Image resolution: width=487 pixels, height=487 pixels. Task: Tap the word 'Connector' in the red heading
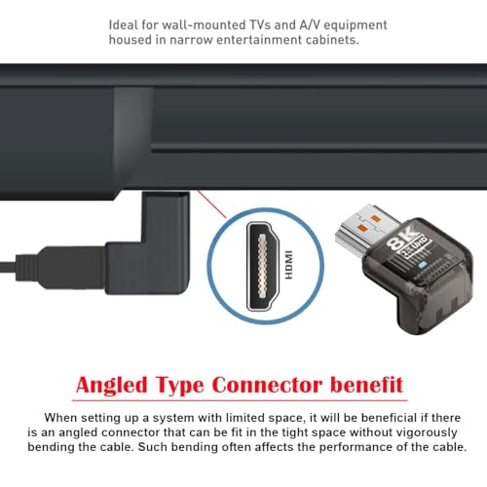[x=267, y=385]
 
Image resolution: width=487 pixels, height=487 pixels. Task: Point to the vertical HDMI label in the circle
[x=288, y=265]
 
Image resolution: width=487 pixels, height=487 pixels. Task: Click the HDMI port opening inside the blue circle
[x=263, y=266]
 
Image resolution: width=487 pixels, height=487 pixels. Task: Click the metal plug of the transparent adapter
[x=367, y=228]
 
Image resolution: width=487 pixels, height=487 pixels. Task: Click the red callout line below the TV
[x=211, y=204]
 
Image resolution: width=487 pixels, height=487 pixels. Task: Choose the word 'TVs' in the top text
[x=254, y=25]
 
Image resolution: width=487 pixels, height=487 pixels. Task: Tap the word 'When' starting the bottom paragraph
[x=60, y=418]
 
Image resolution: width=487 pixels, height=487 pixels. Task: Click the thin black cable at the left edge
[x=8, y=268]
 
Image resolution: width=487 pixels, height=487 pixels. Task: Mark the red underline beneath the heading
[x=240, y=400]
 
